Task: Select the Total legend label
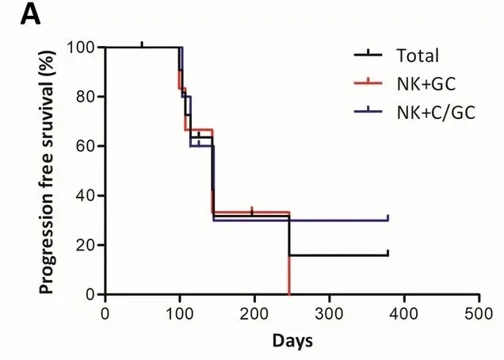coord(417,56)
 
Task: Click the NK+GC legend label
coord(426,84)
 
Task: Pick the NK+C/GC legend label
coord(436,112)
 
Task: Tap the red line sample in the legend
coord(369,83)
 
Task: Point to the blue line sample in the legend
coord(369,111)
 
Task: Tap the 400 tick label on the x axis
coord(404,312)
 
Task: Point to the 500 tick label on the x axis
coord(479,312)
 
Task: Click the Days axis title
coord(292,342)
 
